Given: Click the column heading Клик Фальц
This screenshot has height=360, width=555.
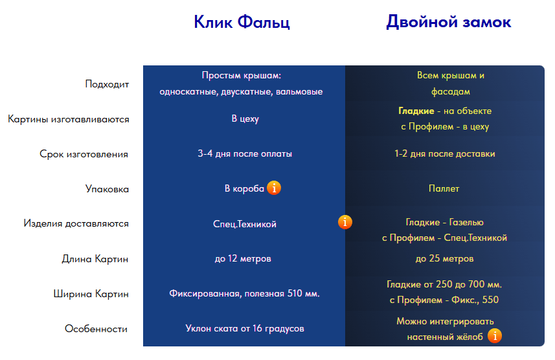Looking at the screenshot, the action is click(x=242, y=22).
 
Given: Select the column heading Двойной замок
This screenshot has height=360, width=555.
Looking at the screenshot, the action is click(x=448, y=21).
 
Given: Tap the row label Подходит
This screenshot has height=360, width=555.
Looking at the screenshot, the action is click(x=107, y=84).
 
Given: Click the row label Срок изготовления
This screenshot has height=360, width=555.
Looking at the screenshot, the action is click(x=84, y=154).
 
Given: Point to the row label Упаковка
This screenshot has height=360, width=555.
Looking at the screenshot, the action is click(x=107, y=188).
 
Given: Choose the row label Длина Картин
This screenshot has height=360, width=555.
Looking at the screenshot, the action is click(x=95, y=259).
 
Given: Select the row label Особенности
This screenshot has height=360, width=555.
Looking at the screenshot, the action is click(x=96, y=329).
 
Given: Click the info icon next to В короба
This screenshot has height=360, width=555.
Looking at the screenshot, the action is click(x=274, y=188).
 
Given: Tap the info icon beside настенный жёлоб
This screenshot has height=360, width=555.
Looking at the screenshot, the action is click(x=495, y=336).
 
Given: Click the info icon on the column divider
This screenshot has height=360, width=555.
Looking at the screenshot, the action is click(x=345, y=222).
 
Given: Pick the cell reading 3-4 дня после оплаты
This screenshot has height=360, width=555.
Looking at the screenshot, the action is click(x=245, y=153).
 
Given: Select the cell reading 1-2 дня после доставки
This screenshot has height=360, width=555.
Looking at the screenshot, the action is click(x=444, y=153).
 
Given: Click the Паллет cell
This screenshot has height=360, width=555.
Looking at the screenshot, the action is click(x=444, y=188).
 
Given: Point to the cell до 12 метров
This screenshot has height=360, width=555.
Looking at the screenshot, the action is click(x=243, y=259).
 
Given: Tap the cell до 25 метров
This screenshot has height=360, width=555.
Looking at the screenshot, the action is click(x=444, y=259).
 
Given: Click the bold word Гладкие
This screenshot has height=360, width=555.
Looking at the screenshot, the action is click(x=416, y=111).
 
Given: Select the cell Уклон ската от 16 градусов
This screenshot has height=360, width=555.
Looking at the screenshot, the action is click(x=245, y=328).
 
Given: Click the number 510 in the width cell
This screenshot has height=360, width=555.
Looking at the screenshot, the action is click(x=295, y=293).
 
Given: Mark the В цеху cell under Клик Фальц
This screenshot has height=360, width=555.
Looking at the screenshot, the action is click(x=245, y=118).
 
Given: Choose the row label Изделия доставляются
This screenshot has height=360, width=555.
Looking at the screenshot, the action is click(x=76, y=223).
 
